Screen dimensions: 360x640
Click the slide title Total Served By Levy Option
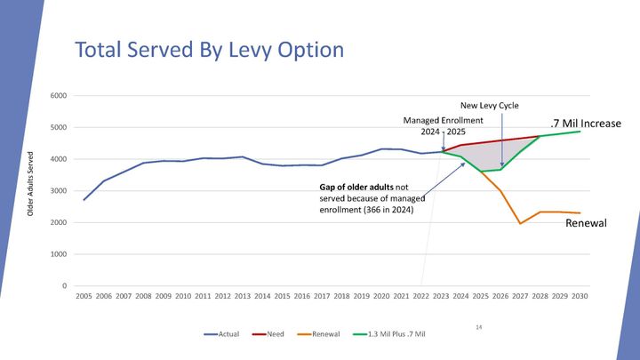coord(208,50)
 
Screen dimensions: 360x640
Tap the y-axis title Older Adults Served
coord(30,183)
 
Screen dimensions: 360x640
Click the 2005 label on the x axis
coord(84,296)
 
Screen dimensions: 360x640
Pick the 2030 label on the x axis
coord(580,296)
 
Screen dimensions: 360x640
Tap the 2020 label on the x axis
coord(381,296)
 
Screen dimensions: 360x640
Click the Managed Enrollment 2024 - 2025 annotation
coord(443,125)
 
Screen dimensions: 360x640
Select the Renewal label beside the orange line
coord(586,223)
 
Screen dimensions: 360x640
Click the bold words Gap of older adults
coord(356,188)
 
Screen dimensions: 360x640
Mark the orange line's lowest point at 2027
coord(520,223)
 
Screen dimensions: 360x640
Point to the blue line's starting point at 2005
coord(84,199)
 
